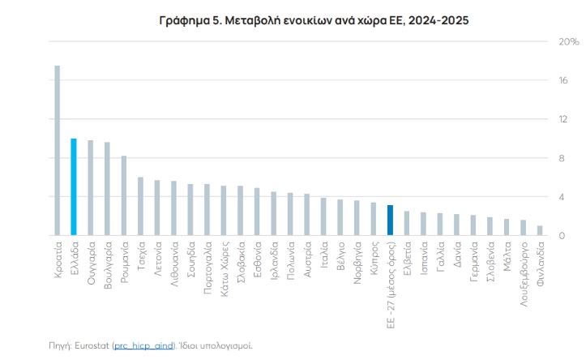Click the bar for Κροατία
[x=57, y=151]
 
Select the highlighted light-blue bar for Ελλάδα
[x=74, y=187]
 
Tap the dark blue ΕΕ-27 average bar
[x=390, y=221]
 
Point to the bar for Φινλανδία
[x=540, y=231]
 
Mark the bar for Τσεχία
[x=140, y=207]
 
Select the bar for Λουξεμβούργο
[x=524, y=229]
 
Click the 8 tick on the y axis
[x=560, y=158]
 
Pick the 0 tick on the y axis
[x=560, y=236]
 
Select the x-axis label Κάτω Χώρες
[x=224, y=265]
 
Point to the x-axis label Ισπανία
[x=423, y=259]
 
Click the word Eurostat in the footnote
[x=93, y=345]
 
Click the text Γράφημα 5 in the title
[x=192, y=19]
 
